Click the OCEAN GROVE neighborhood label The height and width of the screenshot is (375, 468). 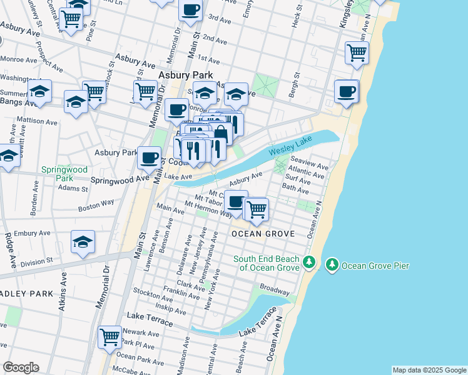point(262,234)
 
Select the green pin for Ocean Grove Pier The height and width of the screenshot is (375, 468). point(332,266)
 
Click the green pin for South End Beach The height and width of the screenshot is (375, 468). point(308,262)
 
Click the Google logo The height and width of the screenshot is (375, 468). point(21,367)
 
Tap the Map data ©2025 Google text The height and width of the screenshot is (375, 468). point(429,370)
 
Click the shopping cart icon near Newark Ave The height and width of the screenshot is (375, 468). point(110,337)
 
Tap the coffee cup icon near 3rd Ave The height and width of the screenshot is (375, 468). point(190,10)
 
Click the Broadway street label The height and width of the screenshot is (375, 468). point(275,291)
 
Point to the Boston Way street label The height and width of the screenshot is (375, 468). point(96,206)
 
